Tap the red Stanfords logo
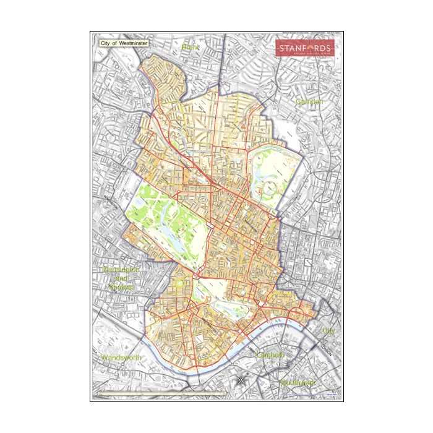point(304,48)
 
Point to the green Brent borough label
point(187,47)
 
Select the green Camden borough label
point(309,101)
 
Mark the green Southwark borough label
point(298,383)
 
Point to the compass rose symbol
point(241,382)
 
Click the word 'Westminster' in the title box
point(132,44)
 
